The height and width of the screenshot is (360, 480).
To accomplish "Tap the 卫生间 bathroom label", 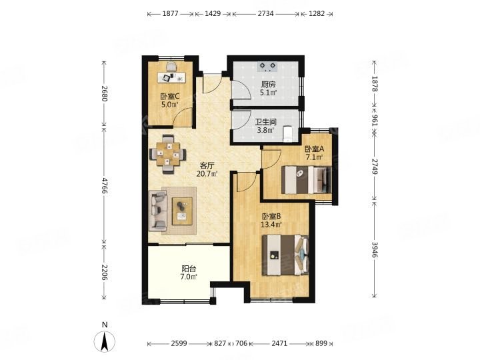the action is click(x=266, y=122).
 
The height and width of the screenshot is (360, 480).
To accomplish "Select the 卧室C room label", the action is click(x=170, y=97).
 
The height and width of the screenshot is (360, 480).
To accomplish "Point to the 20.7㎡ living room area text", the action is click(x=207, y=174).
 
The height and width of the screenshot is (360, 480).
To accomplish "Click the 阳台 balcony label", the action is click(x=189, y=269).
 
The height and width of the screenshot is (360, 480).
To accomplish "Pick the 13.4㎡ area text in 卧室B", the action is click(x=271, y=225).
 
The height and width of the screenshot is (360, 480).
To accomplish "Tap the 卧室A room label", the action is click(x=315, y=149).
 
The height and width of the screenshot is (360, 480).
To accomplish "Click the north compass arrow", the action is click(x=105, y=341).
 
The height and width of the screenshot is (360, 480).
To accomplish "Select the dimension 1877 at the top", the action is click(x=170, y=14).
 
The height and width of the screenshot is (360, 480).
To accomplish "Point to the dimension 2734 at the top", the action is click(x=265, y=14).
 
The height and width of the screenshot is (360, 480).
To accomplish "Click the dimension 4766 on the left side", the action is click(x=105, y=185).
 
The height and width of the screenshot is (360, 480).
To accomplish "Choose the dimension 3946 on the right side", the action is click(x=375, y=249).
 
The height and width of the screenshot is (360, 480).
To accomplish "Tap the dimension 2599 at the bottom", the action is click(x=179, y=343).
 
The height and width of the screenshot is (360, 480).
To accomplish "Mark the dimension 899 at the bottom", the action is click(x=321, y=343).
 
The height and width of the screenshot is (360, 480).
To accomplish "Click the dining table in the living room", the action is click(x=168, y=154).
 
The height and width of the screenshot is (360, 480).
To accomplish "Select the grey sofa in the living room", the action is click(x=158, y=211).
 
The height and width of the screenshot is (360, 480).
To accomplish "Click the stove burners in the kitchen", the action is click(x=268, y=67).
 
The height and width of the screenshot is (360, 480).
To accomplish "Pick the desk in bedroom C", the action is click(x=172, y=77).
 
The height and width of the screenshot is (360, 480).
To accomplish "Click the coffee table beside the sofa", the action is click(x=182, y=211).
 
